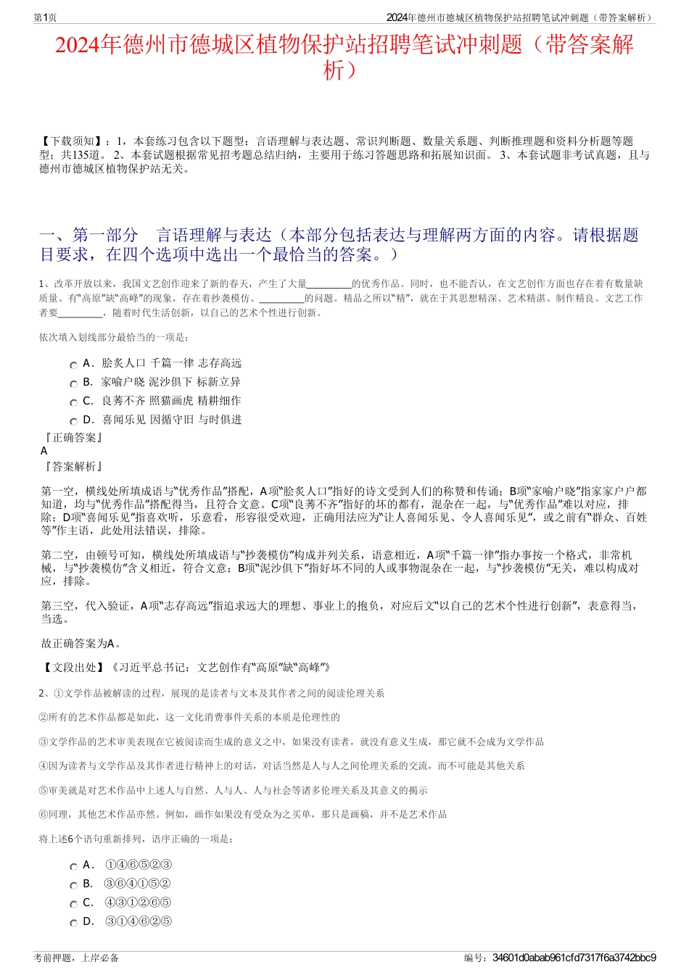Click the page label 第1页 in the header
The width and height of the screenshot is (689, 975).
pos(45,17)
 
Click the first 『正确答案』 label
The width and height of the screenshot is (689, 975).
pos(73,438)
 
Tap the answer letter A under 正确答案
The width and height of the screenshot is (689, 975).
pos(44,451)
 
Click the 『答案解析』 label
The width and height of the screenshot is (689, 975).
pos(73,467)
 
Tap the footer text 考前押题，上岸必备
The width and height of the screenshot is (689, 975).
pos(76,958)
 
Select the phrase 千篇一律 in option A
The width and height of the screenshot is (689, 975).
pos(172,363)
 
